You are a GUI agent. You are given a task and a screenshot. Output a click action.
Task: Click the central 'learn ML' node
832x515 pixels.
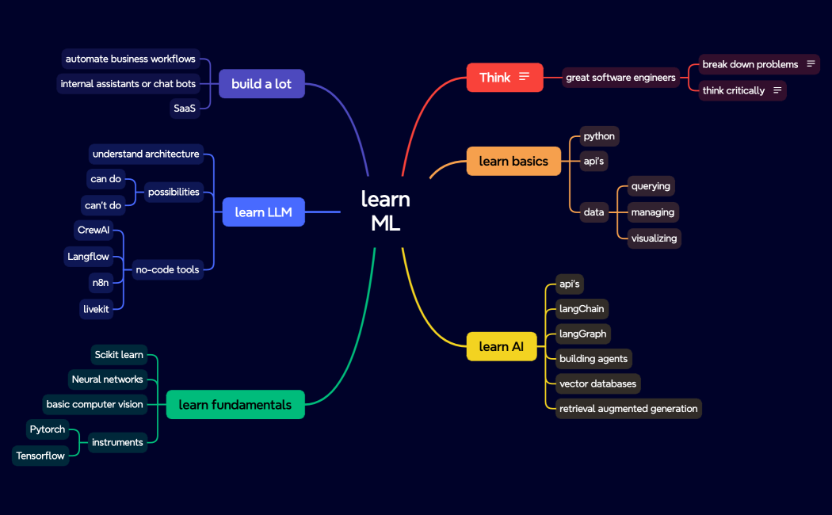click(386, 211)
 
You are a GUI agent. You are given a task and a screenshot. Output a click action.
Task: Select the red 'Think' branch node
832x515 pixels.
click(495, 78)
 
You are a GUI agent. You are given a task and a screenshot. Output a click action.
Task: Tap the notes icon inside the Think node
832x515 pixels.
click(524, 77)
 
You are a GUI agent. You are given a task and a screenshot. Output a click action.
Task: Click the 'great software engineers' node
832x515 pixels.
click(620, 78)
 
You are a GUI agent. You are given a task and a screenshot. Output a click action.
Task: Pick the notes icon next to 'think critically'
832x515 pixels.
click(777, 90)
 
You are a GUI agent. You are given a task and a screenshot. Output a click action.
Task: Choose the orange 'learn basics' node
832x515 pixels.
click(513, 162)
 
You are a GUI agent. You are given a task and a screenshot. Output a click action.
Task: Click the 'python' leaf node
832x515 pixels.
click(599, 136)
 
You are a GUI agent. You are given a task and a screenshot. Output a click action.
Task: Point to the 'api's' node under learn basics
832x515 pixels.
click(593, 161)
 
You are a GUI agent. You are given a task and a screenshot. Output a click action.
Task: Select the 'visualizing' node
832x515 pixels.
click(654, 238)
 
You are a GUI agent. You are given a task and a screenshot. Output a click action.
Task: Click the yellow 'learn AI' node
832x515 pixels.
click(502, 347)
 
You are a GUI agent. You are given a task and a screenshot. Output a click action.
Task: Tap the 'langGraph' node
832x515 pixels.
click(582, 334)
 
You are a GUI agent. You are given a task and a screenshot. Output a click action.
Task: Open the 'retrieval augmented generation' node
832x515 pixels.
click(628, 409)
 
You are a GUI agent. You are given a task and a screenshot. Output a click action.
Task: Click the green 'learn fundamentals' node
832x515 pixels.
click(235, 405)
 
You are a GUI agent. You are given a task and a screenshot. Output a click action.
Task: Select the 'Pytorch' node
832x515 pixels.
click(48, 429)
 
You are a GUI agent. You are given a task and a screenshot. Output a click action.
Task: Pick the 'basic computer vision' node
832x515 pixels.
click(94, 404)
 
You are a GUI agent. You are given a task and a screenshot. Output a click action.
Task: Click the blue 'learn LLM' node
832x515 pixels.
click(263, 212)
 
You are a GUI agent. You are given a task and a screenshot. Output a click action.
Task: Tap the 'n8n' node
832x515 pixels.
click(101, 282)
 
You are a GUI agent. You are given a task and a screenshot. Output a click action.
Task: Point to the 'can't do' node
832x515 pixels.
click(103, 205)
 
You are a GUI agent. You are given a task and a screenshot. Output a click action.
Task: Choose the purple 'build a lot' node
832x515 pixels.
click(261, 84)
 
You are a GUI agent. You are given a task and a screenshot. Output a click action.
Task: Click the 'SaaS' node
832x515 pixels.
click(185, 109)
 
